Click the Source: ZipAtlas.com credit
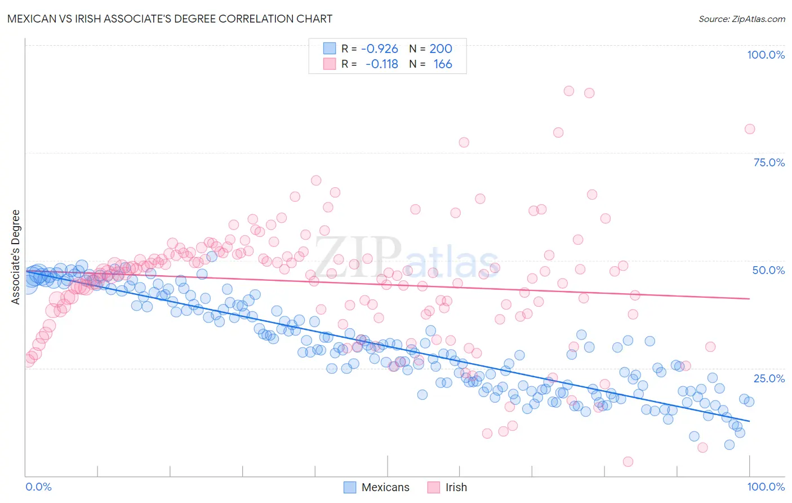pyautogui.click(x=741, y=19)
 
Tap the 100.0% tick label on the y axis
pyautogui.click(x=766, y=55)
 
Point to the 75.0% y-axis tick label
pyautogui.click(x=768, y=162)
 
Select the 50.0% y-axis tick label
pyautogui.click(x=768, y=270)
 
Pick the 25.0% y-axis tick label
pyautogui.click(x=768, y=378)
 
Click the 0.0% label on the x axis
pyautogui.click(x=38, y=487)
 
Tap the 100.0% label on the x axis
pyautogui.click(x=766, y=487)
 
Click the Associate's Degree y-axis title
pyautogui.click(x=16, y=257)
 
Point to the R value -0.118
pyautogui.click(x=381, y=64)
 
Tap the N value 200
pyautogui.click(x=441, y=49)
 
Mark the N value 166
pyautogui.click(x=443, y=64)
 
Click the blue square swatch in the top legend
pyautogui.click(x=329, y=49)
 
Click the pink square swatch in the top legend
pyautogui.click(x=329, y=64)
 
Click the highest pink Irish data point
pyautogui.click(x=569, y=91)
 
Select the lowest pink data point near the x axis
pyautogui.click(x=628, y=462)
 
